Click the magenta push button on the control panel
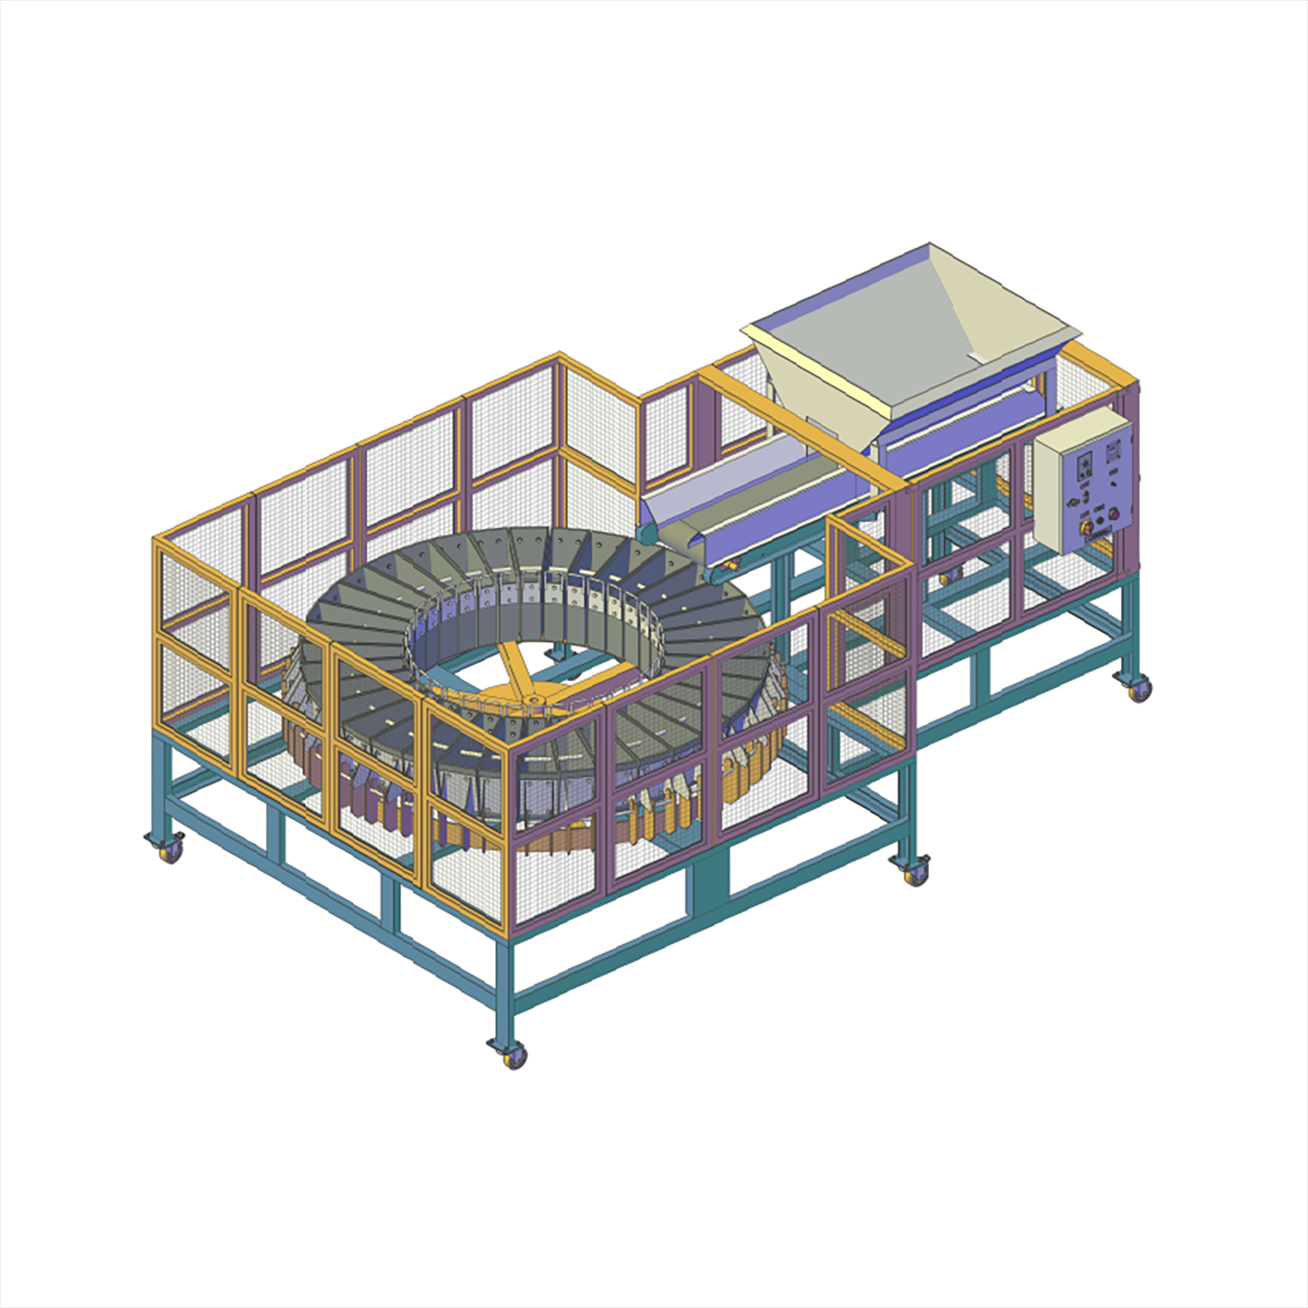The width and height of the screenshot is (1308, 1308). (x=1114, y=514)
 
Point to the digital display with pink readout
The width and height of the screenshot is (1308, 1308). (x=1113, y=451)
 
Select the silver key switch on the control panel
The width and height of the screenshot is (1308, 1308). (x=1073, y=502)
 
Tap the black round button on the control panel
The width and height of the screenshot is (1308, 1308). (x=1100, y=521)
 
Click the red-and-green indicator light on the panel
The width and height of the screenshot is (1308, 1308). (x=1086, y=497)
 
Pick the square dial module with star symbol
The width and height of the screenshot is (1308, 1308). (x=1085, y=467)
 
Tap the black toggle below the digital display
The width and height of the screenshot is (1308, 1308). (x=1114, y=484)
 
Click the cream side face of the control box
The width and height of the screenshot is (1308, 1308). (x=1046, y=489)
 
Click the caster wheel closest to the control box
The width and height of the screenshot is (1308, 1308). (x=1138, y=689)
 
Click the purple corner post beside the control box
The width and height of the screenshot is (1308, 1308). (x=1130, y=488)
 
